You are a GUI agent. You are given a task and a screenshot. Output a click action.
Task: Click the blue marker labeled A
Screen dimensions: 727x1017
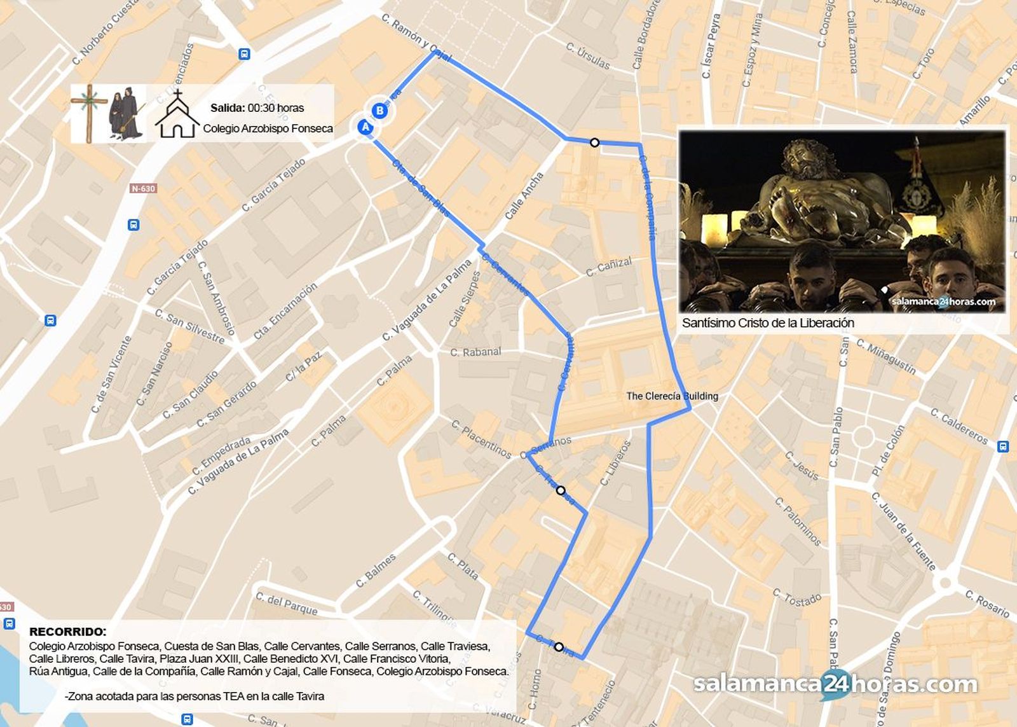[365, 127]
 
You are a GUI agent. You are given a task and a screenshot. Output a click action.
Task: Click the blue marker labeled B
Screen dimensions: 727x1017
[379, 111]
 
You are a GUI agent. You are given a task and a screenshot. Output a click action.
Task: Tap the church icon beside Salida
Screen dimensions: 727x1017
[177, 115]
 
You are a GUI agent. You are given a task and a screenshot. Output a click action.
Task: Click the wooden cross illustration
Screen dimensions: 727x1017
[89, 113]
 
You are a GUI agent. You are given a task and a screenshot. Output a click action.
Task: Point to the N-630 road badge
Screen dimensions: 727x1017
[143, 188]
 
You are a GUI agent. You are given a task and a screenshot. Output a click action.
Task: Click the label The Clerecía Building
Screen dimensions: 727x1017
[672, 396]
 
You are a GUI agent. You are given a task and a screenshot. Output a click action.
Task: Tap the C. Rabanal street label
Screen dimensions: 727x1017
[475, 352]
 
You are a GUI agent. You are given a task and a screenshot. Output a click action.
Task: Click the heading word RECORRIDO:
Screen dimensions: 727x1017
[68, 632]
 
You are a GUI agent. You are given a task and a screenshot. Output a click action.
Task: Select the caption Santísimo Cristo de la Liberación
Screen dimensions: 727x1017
[768, 323]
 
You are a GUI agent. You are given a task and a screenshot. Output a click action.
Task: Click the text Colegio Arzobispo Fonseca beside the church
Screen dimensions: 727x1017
[268, 128]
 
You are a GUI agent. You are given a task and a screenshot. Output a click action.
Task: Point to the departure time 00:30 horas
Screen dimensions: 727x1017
[276, 108]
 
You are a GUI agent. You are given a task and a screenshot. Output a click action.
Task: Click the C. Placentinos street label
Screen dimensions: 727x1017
[481, 439]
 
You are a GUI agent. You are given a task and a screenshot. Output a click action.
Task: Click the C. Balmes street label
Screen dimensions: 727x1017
[376, 571]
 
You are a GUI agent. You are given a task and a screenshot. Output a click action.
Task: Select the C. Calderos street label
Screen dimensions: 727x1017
[959, 426]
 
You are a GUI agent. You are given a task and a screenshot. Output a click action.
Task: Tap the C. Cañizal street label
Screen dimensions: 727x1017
[608, 267]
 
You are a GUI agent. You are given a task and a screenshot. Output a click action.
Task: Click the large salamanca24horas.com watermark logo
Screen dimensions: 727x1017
[835, 684]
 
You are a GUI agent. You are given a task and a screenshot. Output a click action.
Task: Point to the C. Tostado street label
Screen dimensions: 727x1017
[797, 599]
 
